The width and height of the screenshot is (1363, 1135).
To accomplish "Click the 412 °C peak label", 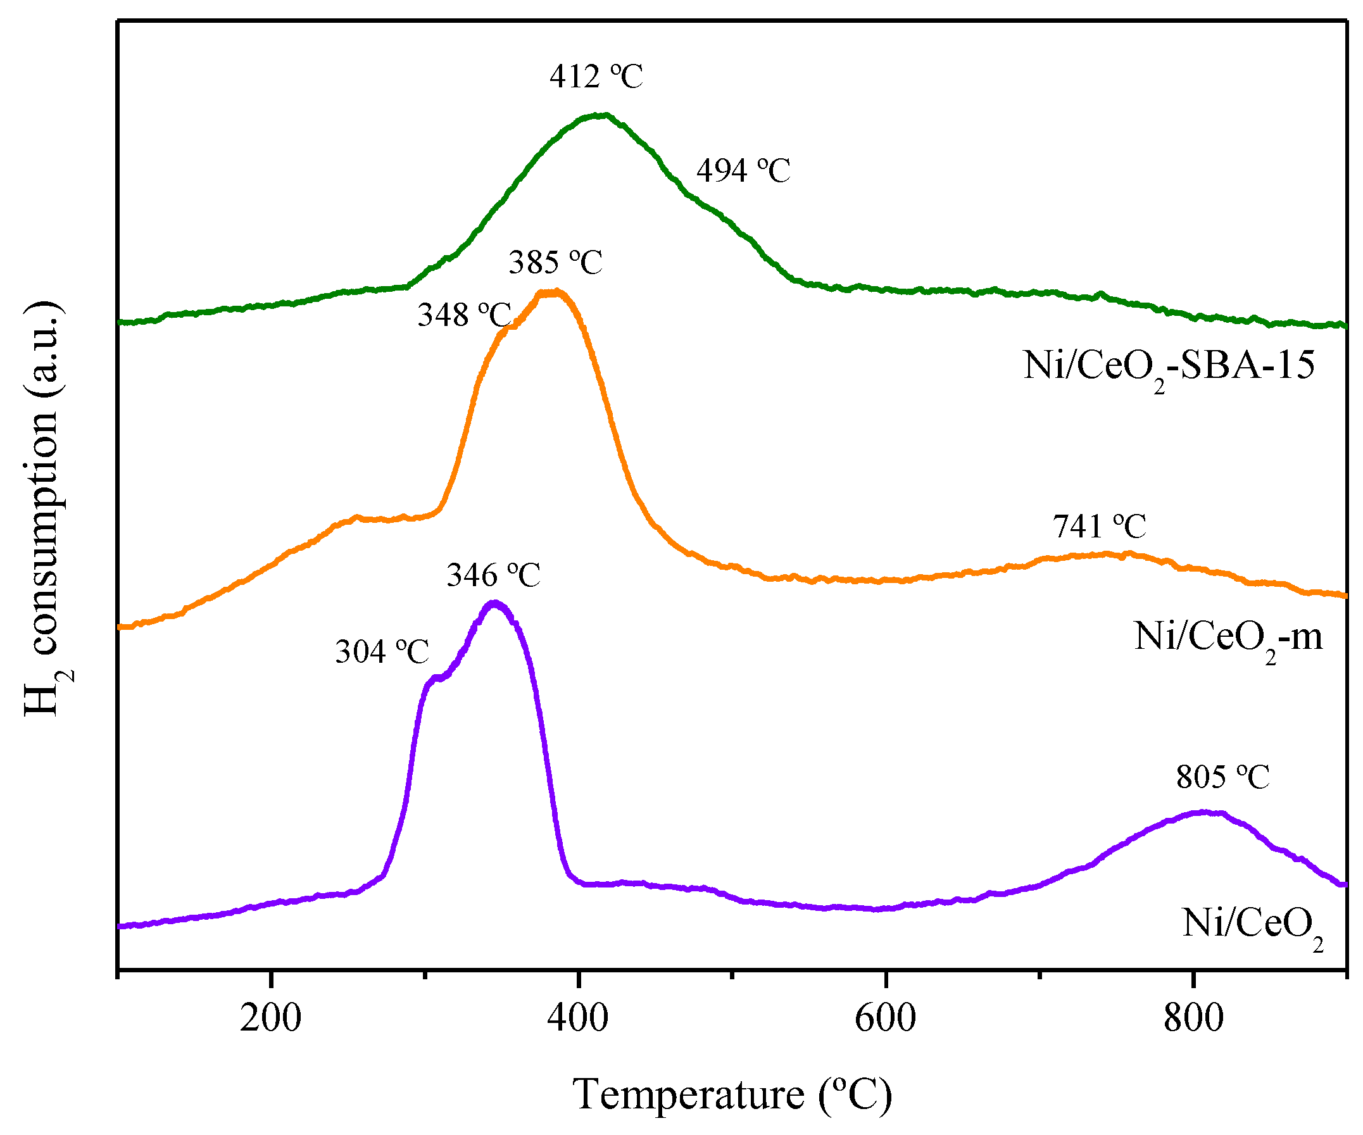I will [x=596, y=77].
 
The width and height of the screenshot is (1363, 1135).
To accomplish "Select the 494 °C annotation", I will [x=743, y=172].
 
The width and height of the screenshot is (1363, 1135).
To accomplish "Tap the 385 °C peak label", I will [x=556, y=263].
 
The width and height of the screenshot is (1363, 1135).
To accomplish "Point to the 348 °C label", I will [x=465, y=315].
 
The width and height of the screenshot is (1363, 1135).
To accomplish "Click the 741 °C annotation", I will [x=1100, y=526].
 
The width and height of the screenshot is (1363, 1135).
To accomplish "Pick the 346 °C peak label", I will [x=493, y=575].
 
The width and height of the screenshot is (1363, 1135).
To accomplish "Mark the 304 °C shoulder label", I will [x=382, y=651].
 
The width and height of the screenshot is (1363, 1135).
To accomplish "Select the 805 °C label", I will [x=1223, y=777].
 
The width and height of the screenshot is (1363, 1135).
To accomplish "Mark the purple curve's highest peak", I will [x=495, y=603].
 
